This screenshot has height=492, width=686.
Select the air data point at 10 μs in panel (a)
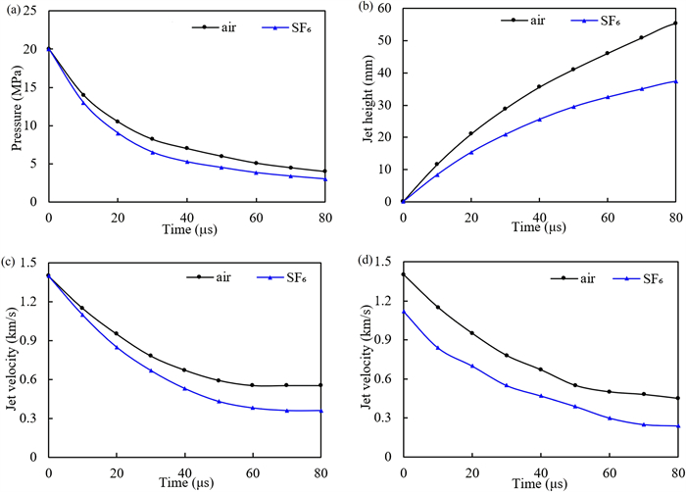(x=83, y=95)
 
